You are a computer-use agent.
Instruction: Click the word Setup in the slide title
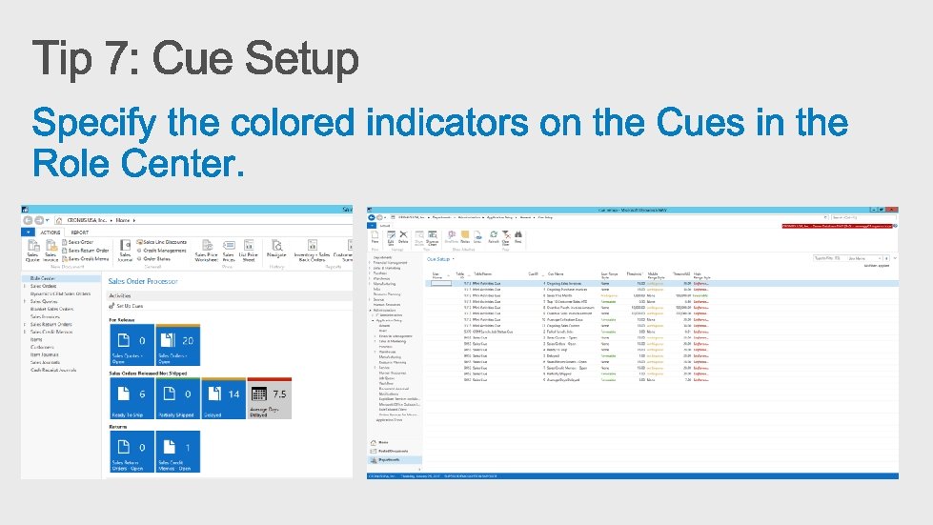302,59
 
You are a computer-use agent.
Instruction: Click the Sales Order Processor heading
142,282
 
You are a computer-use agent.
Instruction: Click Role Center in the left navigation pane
42,278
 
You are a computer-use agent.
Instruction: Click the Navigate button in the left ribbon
276,254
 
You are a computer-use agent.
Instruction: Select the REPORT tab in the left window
79,232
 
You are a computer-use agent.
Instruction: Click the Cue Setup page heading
439,258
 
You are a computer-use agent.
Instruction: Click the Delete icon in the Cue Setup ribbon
403,241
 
